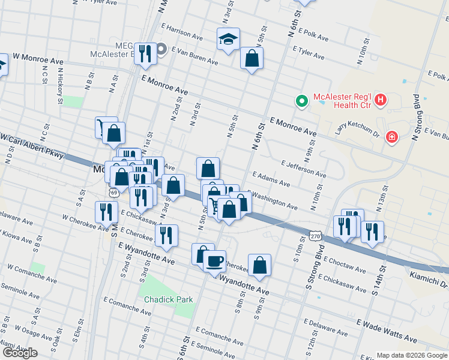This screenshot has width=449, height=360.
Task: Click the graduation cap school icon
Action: click(x=228, y=40)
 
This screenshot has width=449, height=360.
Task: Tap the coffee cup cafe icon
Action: click(x=214, y=262)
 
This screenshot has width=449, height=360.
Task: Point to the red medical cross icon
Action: click(x=392, y=138)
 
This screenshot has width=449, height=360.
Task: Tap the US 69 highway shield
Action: click(x=113, y=193)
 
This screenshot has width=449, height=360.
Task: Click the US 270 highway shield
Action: click(x=316, y=236)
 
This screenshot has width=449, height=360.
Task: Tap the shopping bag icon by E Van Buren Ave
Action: click(x=252, y=58)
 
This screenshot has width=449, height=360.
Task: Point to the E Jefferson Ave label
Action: click(x=303, y=168)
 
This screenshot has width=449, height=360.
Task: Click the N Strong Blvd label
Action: click(x=415, y=119)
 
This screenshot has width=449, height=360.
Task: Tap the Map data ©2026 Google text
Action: click(x=411, y=355)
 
